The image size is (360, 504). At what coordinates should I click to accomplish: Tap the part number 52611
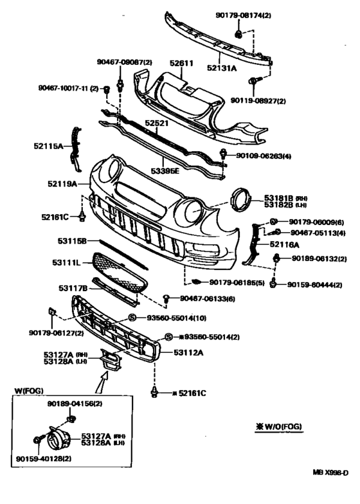pos(182,64)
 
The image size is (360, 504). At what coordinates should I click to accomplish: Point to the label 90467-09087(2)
pos(125,62)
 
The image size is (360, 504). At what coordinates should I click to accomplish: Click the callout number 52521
pos(156,122)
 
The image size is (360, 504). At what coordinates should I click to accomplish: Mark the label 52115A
pos(49,147)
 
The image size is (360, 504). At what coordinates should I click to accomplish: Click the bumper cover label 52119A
pos(62,184)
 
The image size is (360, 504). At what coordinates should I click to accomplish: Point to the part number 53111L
pos(66,263)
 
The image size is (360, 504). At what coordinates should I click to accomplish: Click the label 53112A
pos(188,352)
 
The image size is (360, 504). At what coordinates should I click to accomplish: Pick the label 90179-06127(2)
pos(56,332)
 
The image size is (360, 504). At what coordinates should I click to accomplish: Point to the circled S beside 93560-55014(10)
pos(132,318)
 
